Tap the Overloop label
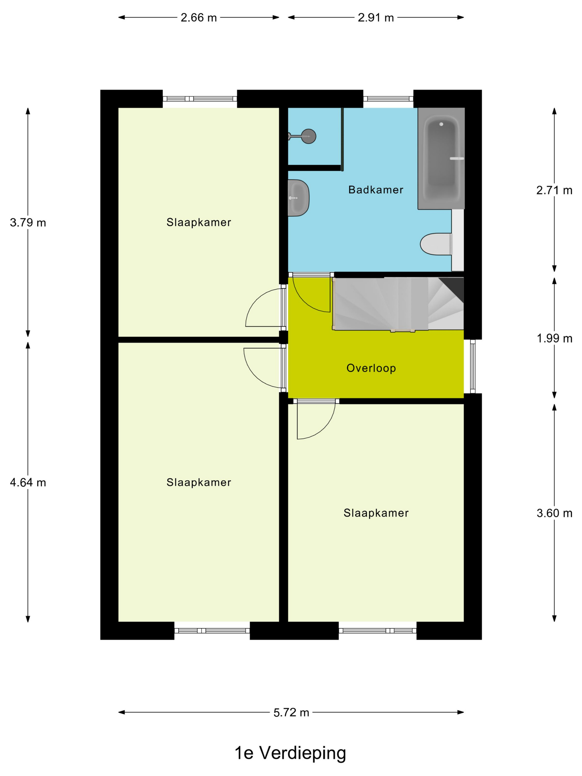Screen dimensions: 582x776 click(x=371, y=368)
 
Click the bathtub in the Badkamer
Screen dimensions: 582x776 click(x=441, y=158)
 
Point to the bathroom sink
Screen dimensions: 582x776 click(x=298, y=198)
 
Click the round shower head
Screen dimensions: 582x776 click(x=308, y=136)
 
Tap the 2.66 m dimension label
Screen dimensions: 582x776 click(x=198, y=17)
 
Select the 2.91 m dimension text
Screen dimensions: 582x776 click(x=376, y=17)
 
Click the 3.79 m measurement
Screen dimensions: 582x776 click(x=28, y=223)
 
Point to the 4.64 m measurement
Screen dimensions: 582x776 click(x=28, y=483)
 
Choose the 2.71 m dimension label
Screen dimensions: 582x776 click(x=554, y=190)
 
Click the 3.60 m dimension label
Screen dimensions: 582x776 click(x=554, y=513)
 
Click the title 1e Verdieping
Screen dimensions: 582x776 click(x=290, y=753)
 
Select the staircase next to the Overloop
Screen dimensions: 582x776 click(x=398, y=304)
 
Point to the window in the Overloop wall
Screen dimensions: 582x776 click(x=473, y=366)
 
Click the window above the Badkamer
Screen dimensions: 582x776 click(x=388, y=99)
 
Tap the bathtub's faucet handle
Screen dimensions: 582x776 click(x=457, y=159)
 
